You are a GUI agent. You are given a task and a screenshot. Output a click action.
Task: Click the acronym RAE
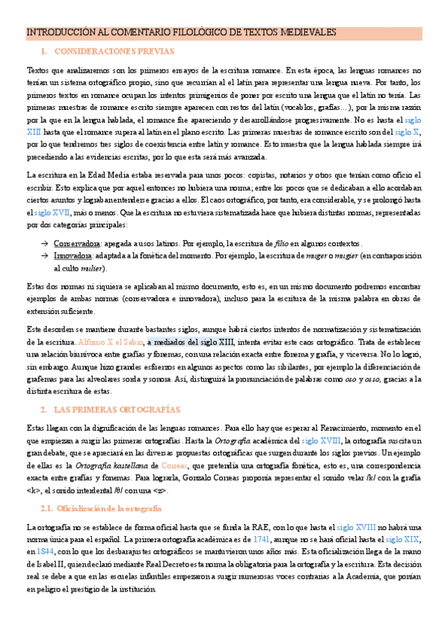243,527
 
